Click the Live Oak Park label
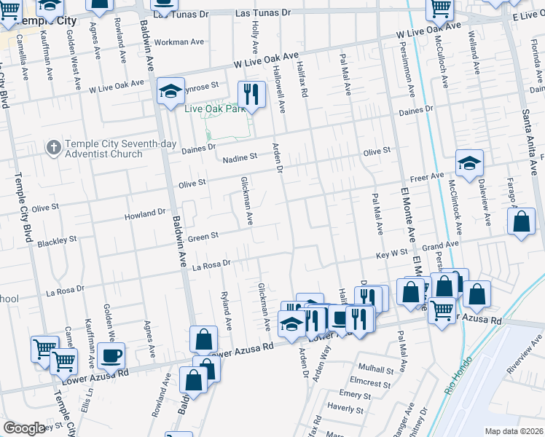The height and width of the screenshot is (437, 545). pos(215,109)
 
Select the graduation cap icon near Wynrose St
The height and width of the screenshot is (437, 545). pos(170,91)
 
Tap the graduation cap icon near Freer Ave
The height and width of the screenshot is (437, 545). pos(470,163)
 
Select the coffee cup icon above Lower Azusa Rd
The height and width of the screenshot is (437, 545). pos(111,355)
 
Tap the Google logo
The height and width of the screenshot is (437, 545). pos(24,428)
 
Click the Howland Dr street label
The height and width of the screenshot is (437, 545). pos(146,214)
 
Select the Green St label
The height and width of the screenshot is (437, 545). pos(204,236)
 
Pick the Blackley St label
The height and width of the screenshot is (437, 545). pos(57,240)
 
